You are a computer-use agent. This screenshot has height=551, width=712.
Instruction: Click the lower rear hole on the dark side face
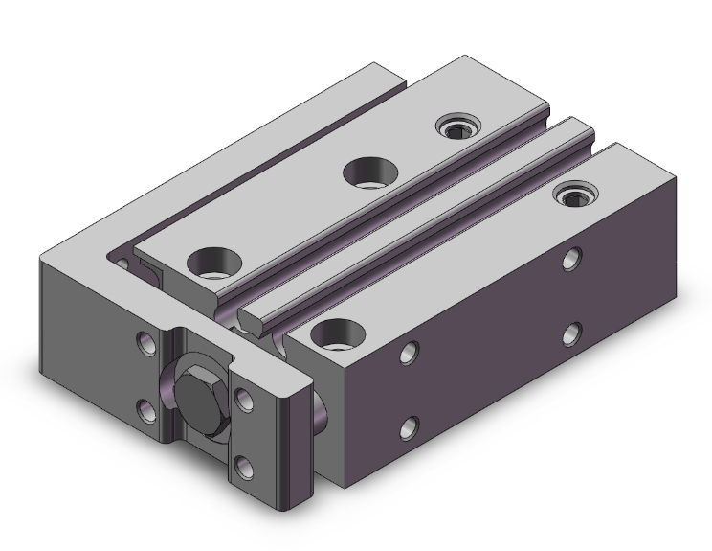pos(572,333)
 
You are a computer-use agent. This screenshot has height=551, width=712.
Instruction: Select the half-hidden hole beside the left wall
pos(121,261)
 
